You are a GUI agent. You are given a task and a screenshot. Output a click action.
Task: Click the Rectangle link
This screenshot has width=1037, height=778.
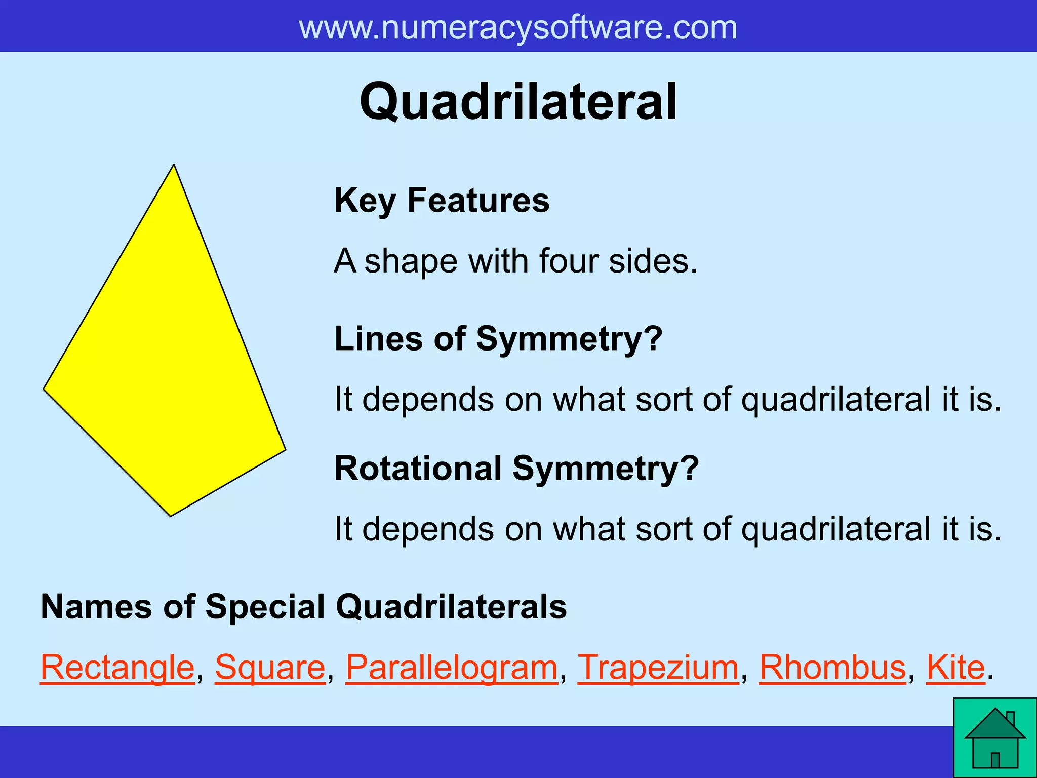(117, 668)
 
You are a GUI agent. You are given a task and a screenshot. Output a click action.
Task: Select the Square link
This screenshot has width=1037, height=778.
(270, 668)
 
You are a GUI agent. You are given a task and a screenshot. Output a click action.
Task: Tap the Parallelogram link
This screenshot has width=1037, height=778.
(452, 668)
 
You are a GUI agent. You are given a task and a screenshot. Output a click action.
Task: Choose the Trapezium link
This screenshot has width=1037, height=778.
(658, 668)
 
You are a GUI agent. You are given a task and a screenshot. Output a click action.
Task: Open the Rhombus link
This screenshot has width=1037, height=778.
(832, 668)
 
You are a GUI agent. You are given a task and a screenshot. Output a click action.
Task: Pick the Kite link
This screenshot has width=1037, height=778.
(955, 668)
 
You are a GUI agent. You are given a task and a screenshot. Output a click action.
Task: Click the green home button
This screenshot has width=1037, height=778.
(995, 738)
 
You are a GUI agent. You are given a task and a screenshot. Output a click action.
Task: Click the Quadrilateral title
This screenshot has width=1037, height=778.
(518, 102)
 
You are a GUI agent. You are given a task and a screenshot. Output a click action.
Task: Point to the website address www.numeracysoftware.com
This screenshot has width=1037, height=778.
(518, 27)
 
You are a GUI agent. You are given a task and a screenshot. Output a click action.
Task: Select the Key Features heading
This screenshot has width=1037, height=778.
(442, 201)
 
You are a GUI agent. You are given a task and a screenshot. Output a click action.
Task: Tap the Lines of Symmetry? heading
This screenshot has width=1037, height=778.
(498, 338)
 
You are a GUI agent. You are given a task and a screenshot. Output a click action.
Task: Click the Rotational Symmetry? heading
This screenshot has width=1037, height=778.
(516, 468)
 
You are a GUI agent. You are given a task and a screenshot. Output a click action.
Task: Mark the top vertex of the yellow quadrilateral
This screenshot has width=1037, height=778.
(174, 165)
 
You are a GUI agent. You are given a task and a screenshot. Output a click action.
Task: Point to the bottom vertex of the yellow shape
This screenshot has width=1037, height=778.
(171, 516)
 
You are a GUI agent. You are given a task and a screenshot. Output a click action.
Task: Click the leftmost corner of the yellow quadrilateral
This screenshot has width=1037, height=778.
(45, 389)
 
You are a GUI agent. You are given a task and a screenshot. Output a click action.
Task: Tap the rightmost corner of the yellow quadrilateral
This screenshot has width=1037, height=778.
(285, 449)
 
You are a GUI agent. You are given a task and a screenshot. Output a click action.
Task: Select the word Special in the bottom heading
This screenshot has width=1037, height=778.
(265, 606)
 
